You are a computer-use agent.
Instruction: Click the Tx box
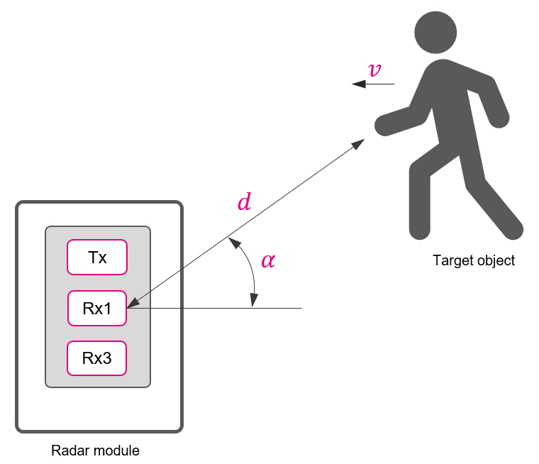coord(97,258)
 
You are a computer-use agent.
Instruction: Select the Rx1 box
coord(97,309)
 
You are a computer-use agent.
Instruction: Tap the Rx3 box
coord(97,359)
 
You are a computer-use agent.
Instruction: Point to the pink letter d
coord(244,203)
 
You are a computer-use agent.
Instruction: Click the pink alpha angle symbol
coord(268,260)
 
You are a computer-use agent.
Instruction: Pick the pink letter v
coord(375,70)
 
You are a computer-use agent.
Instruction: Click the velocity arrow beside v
coord(373,84)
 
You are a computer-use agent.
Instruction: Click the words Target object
coord(474,260)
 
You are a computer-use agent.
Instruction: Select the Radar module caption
coord(95,451)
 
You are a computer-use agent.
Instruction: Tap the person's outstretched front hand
coord(384,126)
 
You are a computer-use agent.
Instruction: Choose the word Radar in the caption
coord(69,451)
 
